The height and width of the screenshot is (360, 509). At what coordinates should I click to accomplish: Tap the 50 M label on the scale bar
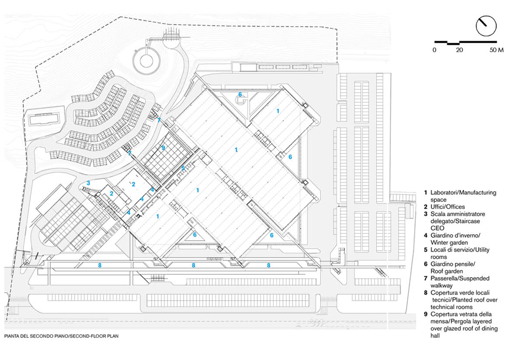click(496, 50)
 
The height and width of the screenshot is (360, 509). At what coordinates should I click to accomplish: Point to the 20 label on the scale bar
click(459, 50)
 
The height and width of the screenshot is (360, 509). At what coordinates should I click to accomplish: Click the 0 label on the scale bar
click(434, 50)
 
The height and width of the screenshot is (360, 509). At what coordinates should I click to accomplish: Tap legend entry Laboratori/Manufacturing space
click(463, 196)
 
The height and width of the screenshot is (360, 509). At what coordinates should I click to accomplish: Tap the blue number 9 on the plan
click(162, 148)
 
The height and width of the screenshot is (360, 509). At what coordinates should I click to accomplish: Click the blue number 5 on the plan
click(183, 168)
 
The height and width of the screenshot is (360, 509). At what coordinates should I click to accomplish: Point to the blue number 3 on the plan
click(88, 183)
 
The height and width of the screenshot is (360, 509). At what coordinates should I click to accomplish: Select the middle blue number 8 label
click(193, 265)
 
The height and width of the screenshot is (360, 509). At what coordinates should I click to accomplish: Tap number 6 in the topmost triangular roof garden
click(240, 94)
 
